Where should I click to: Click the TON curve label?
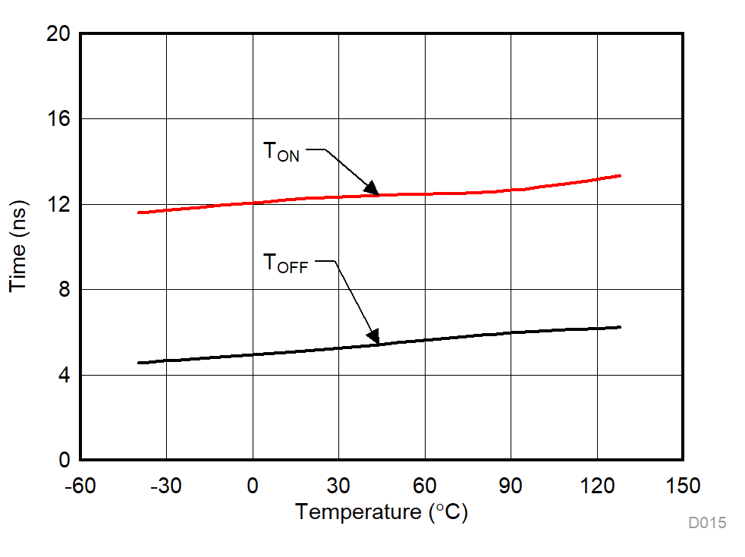281,152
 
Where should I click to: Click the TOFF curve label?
285,264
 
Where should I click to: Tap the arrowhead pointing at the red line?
371,187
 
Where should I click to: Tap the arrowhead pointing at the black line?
372,335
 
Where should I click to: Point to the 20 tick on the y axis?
58,34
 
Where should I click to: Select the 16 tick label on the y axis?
58,119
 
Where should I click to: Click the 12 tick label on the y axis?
58,204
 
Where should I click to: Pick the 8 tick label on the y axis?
64,290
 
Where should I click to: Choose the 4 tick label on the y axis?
64,375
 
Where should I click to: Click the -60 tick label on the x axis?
80,486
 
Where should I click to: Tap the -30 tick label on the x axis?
165,486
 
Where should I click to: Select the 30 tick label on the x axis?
338,486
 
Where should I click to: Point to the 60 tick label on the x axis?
425,486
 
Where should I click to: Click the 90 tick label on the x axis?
511,486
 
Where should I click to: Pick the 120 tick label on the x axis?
597,486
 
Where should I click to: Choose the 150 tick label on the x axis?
683,486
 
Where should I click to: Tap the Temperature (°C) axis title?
382,512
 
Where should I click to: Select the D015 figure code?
707,523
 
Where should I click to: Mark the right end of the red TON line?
620,175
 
